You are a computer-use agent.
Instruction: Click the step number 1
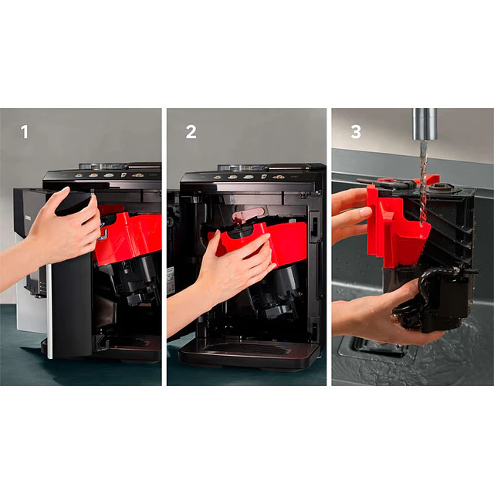pos(25,132)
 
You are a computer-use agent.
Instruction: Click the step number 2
pos(191,132)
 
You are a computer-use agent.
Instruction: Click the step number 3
pos(356,132)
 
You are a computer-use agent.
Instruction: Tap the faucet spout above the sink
pos(424,123)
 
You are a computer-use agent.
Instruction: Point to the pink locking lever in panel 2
pos(249,214)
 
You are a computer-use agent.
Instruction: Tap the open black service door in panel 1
pos(71,301)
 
